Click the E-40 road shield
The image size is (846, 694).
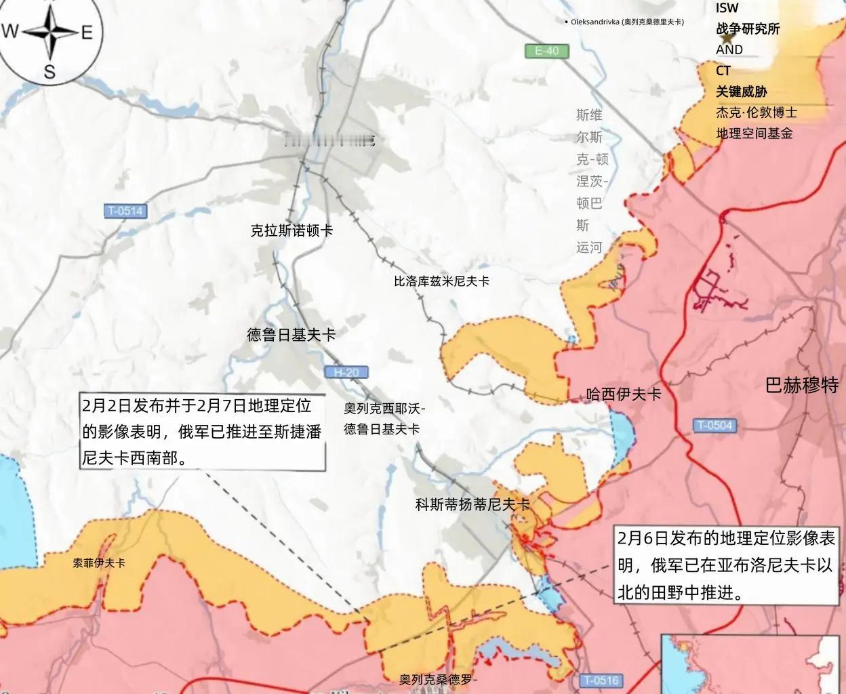pos(547,51)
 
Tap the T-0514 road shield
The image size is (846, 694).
pos(125,211)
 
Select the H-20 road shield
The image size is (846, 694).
pos(346,372)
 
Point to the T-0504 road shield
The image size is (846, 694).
pos(715,426)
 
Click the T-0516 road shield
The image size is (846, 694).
pos(601,680)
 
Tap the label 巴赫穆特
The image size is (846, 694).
pos(802,385)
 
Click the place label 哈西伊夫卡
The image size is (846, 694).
pos(623,394)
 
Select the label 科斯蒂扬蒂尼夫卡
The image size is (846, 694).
pos(472,504)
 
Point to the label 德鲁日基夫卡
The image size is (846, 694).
pos(291,335)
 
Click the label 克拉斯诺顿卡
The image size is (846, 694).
pos(291,230)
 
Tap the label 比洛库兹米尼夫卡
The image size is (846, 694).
pos(441,281)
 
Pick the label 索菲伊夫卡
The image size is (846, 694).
pos(99,563)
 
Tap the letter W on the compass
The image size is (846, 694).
pos(10,31)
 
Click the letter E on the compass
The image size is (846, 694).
pos(87,32)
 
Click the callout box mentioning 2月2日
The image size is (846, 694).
pos(202,432)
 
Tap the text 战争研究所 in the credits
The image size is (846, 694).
pos(748,28)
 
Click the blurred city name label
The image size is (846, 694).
pos(329,140)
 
